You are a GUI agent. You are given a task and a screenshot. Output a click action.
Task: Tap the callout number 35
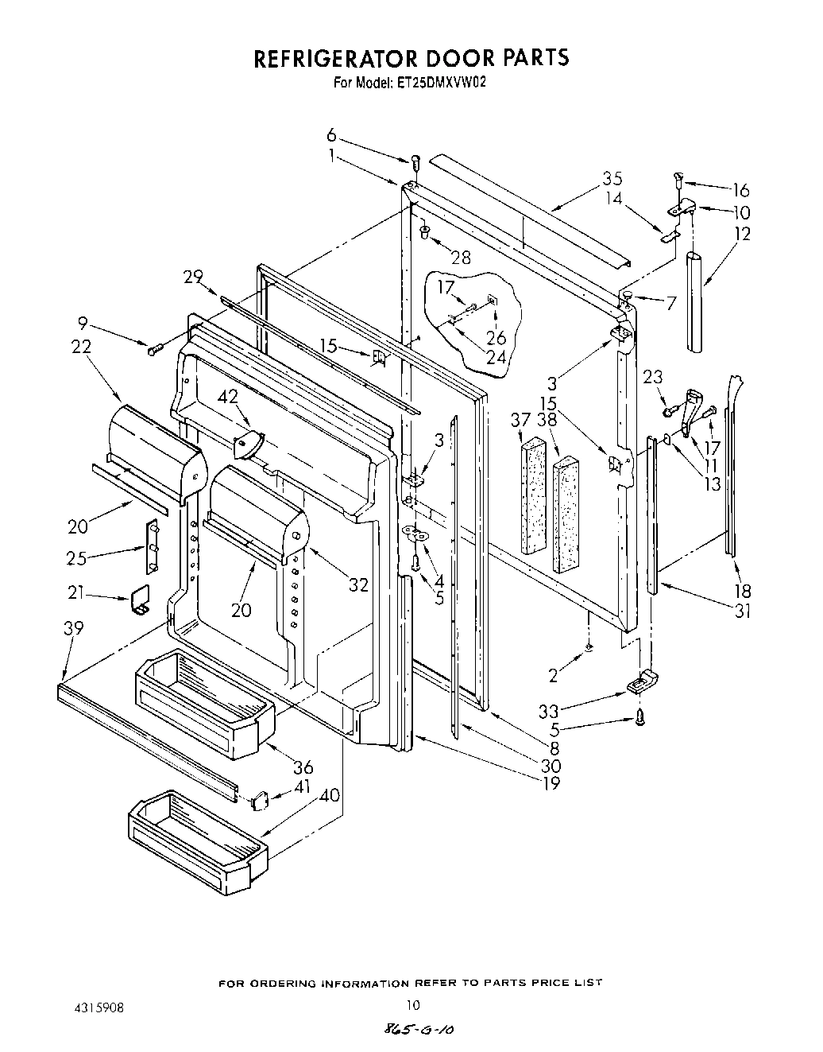611,179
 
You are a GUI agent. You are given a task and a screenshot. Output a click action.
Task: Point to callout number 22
80,347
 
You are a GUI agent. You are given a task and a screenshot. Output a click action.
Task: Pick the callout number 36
303,767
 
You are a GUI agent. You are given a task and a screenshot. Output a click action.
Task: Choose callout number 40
327,794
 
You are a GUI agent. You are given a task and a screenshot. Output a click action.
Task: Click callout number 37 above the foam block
520,420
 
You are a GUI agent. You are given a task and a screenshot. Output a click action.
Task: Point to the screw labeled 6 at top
415,162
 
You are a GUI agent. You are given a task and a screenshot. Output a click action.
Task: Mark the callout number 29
192,278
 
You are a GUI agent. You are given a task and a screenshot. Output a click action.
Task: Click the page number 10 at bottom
411,1004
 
